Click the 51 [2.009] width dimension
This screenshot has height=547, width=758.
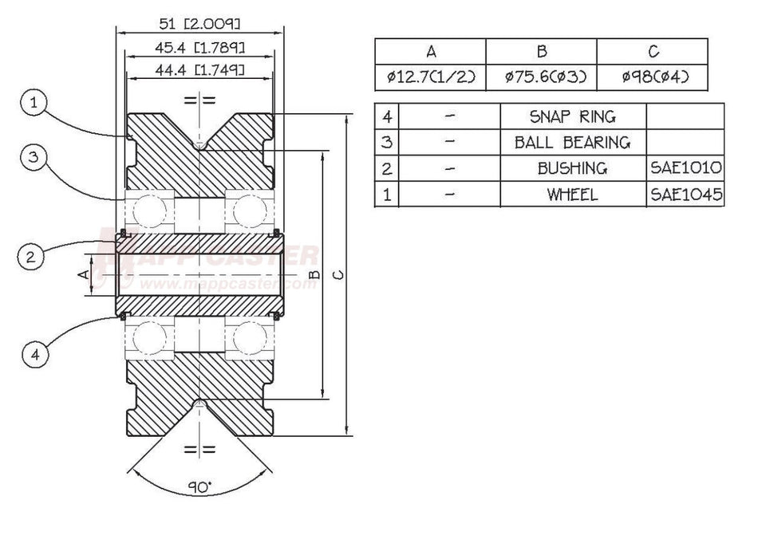click(x=199, y=22)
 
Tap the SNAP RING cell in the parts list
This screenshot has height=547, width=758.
click(x=572, y=116)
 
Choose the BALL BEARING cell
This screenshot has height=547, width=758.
click(x=572, y=143)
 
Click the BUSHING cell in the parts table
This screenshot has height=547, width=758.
click(x=572, y=168)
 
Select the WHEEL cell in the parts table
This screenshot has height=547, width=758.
click(x=572, y=194)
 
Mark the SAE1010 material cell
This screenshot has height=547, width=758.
click(x=685, y=168)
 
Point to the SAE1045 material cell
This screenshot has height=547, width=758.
click(x=685, y=194)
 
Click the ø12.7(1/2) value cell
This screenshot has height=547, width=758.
click(x=430, y=77)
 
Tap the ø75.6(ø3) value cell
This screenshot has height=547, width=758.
click(x=541, y=77)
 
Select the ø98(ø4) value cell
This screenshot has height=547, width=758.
click(x=653, y=77)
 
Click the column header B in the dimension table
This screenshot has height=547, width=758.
click(x=541, y=52)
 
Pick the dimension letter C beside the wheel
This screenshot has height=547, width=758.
click(x=338, y=275)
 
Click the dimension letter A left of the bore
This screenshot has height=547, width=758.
click(x=81, y=274)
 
